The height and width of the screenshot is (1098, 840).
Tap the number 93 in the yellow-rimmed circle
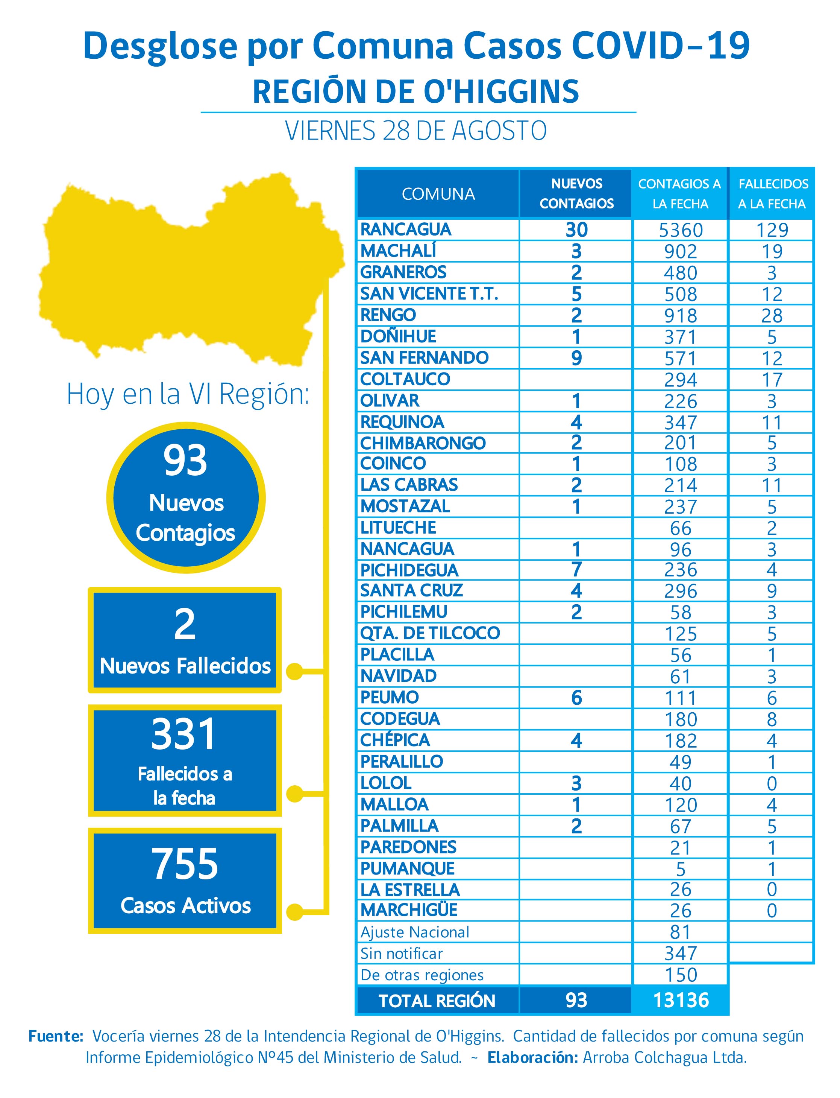pos(185,460)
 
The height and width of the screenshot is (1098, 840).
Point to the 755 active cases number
pos(185,864)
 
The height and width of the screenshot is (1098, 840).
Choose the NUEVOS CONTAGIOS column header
pos(576,193)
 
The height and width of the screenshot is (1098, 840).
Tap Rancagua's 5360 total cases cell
pos(681,230)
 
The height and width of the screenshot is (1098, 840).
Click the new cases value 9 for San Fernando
pos(576,358)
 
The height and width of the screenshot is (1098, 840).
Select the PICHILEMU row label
pos(403,612)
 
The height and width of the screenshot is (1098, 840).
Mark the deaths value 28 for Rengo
pos(772,316)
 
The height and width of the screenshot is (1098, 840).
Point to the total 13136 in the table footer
pos(681,1001)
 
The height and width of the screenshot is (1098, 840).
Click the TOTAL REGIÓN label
pos(437,1001)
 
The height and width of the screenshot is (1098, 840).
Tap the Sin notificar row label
pos(402,954)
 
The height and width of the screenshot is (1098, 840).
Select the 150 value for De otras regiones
pos(681,975)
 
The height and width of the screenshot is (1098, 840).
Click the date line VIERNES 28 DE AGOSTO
pos(416,131)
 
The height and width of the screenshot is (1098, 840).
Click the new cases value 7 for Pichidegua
pos(576,569)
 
